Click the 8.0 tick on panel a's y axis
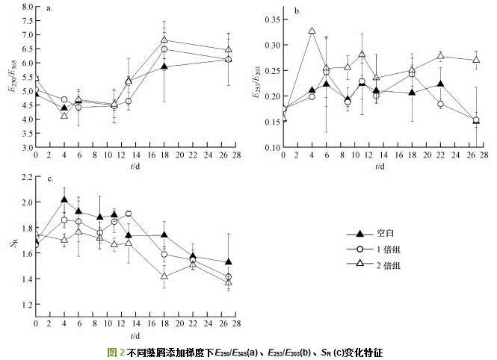click(25, 7)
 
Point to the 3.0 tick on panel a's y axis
click(25, 148)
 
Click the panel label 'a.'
click(49, 10)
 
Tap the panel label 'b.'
click(297, 10)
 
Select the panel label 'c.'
click(49, 179)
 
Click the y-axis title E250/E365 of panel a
click(11, 77)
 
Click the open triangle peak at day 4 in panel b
click(312, 31)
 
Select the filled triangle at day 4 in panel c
click(64, 199)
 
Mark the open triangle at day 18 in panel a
click(164, 40)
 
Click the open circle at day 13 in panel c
click(129, 214)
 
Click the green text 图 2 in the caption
click(117, 351)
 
